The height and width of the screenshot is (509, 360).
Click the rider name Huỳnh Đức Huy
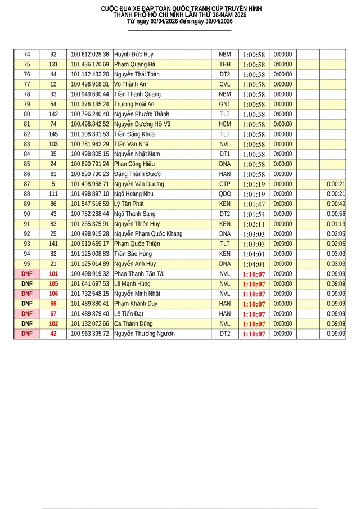click(133, 55)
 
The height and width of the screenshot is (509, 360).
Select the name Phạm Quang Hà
click(134, 65)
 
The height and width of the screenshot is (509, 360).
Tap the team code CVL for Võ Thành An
click(225, 84)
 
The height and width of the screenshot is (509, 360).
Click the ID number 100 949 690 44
click(90, 94)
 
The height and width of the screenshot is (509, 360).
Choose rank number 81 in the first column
click(27, 124)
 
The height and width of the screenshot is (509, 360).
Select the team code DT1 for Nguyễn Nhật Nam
click(225, 154)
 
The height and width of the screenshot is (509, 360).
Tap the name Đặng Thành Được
click(137, 174)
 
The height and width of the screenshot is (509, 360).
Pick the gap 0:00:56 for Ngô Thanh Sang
click(336, 214)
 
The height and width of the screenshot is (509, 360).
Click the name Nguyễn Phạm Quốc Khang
click(148, 234)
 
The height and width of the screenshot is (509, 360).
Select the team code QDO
click(225, 194)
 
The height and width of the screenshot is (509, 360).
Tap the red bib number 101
click(53, 274)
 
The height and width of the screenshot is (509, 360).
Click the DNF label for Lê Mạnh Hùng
click(27, 284)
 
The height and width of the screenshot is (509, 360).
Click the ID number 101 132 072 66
click(90, 324)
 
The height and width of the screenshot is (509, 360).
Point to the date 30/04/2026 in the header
click(213, 21)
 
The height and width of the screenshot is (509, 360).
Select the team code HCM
click(225, 124)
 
